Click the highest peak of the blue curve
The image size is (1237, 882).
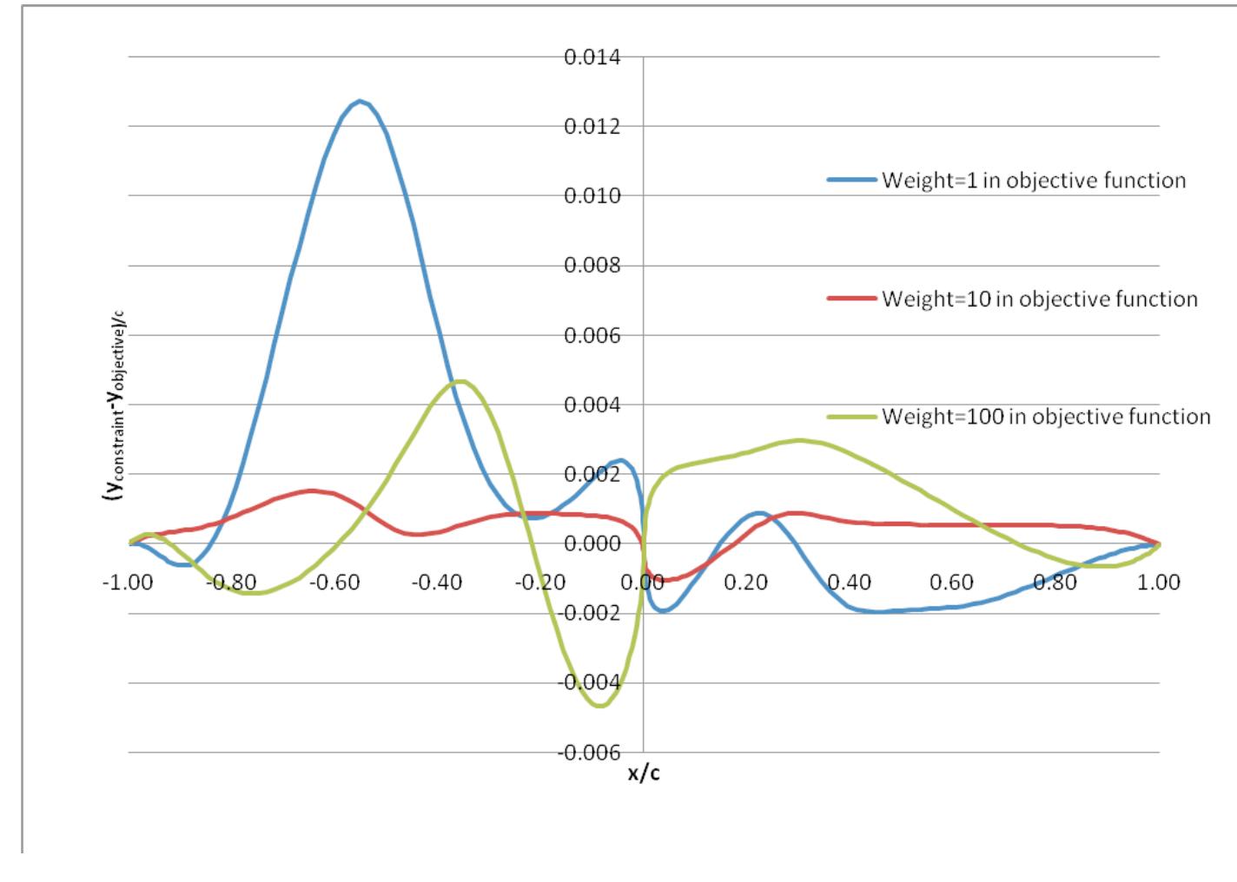click(360, 102)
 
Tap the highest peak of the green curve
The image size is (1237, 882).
click(461, 381)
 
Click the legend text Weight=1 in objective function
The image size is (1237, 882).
click(1033, 181)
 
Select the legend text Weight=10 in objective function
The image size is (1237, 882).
click(1039, 299)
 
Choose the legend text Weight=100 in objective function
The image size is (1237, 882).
click(1046, 417)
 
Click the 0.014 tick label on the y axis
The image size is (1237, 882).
click(592, 57)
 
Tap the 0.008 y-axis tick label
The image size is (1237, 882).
click(592, 266)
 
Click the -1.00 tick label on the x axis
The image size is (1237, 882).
click(129, 582)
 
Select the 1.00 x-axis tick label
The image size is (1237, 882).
click(1160, 582)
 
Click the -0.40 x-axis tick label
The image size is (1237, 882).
click(438, 582)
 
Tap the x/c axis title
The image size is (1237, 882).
click(644, 773)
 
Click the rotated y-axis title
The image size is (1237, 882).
click(112, 405)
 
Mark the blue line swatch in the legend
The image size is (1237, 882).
click(851, 181)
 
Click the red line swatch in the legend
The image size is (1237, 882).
click(851, 299)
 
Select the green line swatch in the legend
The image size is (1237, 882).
click(851, 417)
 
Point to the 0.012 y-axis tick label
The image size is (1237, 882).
click(592, 127)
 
